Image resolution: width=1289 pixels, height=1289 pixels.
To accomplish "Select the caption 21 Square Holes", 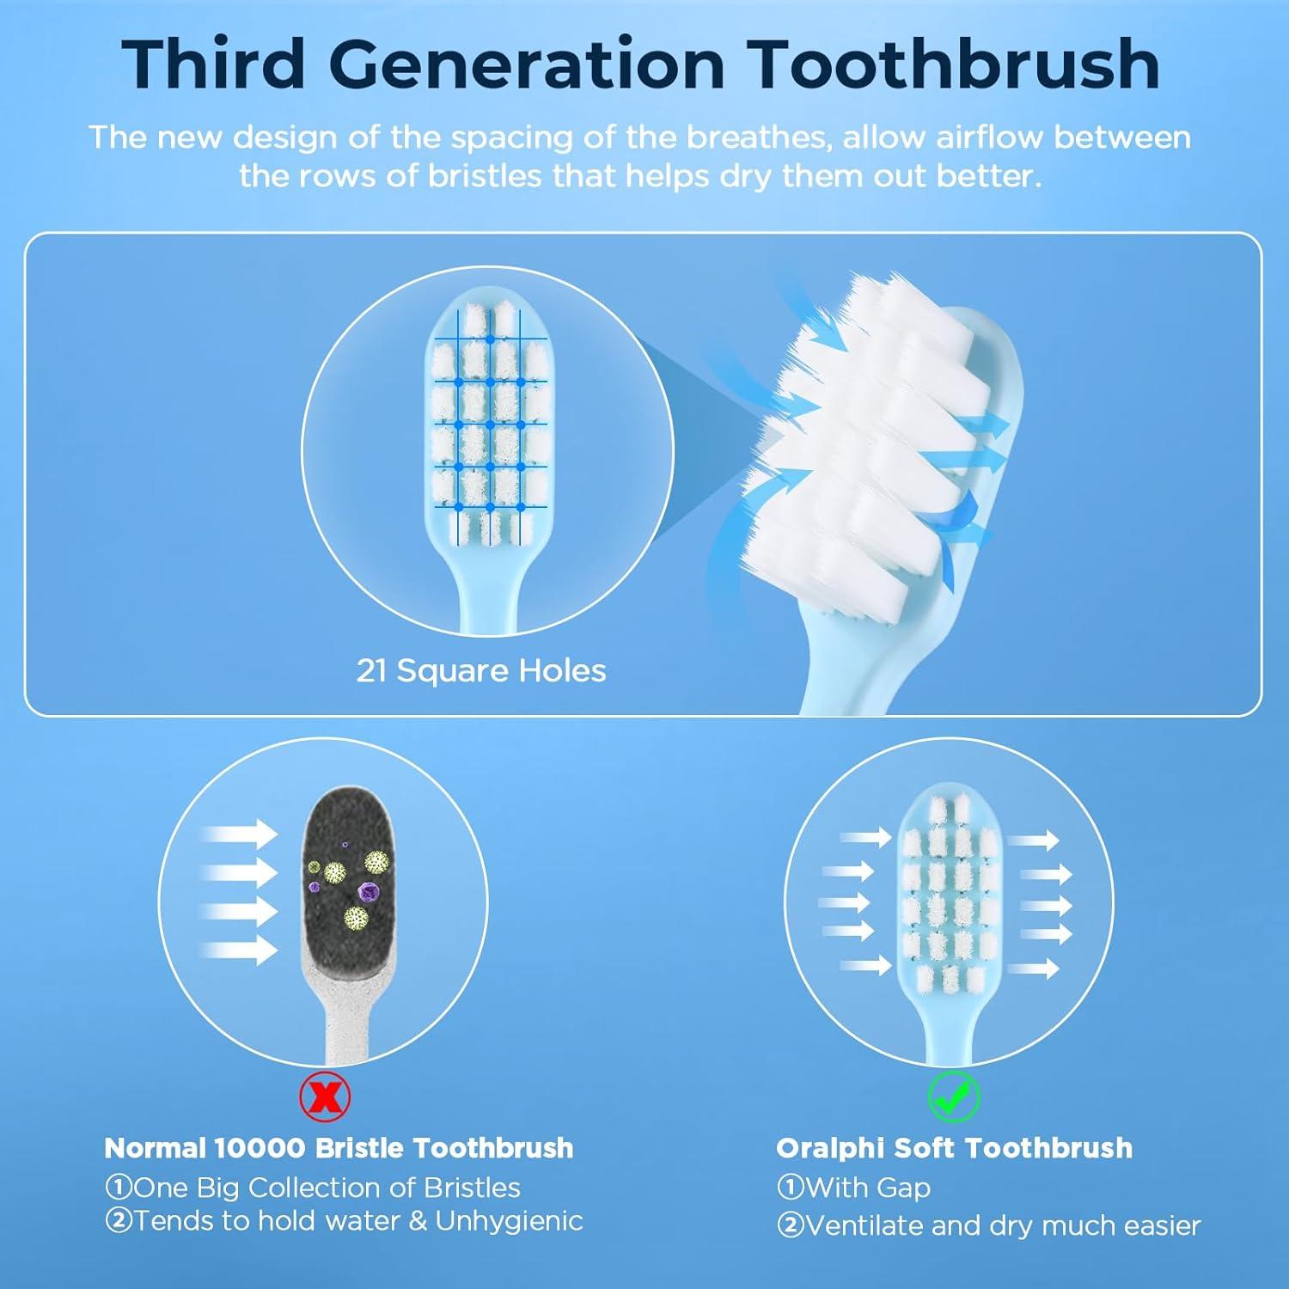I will [x=481, y=670].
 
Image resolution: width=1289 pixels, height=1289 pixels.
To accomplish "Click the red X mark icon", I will [x=325, y=1097].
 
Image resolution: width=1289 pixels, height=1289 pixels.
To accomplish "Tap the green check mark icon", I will [x=954, y=1097].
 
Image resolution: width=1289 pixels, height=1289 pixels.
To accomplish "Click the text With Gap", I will [x=868, y=1188].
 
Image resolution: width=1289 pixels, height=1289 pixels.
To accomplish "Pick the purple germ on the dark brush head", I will [x=369, y=892].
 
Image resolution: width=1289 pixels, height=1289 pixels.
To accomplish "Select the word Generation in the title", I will [x=524, y=64].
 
